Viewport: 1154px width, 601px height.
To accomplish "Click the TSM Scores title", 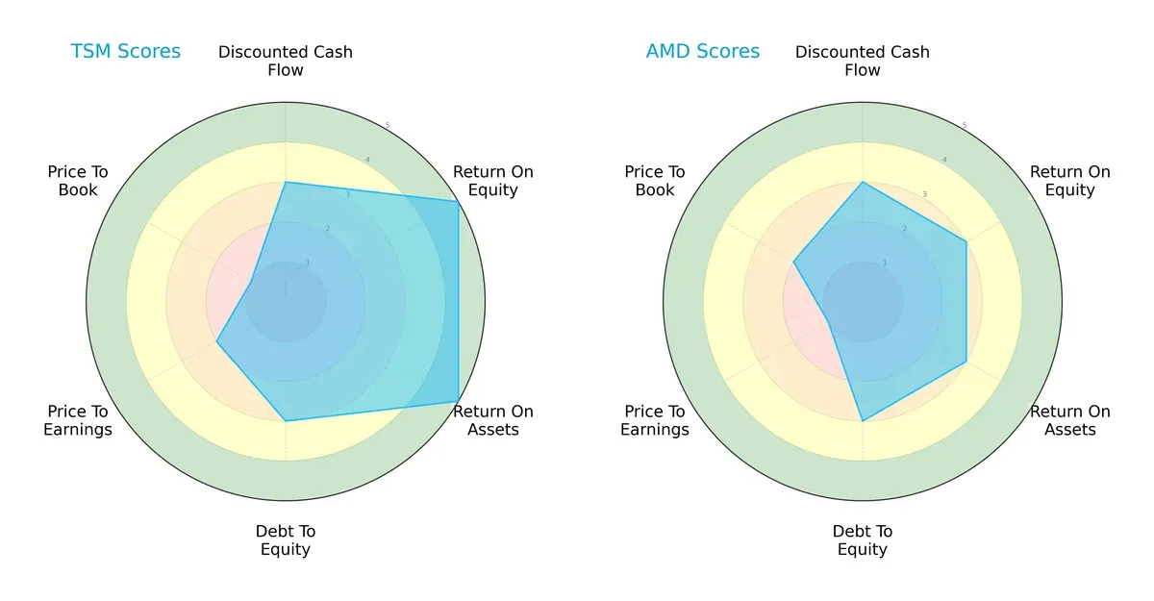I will click(125, 52).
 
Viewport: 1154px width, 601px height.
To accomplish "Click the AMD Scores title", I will click(702, 52).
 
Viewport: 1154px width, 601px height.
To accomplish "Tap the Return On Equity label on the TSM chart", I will click(493, 181).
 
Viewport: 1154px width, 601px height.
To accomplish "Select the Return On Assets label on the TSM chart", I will click(493, 420).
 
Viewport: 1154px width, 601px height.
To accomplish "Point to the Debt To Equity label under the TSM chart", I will click(286, 540).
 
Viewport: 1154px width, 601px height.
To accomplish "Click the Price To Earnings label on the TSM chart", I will click(78, 420).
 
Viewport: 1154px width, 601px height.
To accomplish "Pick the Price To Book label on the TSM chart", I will click(78, 181).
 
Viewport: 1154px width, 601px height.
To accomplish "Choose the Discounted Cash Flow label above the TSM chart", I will click(286, 61).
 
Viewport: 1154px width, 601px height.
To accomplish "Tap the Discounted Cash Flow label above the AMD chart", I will click(863, 61).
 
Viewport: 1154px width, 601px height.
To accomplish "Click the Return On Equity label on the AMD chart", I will click(1070, 181).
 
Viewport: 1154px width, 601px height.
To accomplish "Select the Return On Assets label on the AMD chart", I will click(1070, 420).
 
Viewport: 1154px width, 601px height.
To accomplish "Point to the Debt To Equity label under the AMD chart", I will click(863, 540).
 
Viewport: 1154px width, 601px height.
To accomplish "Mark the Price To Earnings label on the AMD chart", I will click(655, 420).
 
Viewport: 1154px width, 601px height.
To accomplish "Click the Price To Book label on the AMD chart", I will click(655, 181).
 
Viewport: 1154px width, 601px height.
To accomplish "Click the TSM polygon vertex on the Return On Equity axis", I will click(458, 202).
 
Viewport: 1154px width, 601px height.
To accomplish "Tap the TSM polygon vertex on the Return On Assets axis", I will click(458, 401).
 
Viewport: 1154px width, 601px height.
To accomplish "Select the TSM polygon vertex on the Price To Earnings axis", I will click(216, 341).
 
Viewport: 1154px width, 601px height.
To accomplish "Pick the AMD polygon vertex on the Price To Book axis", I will click(793, 262).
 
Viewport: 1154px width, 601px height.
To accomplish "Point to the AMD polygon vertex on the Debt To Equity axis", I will click(863, 421).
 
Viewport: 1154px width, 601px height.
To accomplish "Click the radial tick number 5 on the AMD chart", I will click(965, 126).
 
